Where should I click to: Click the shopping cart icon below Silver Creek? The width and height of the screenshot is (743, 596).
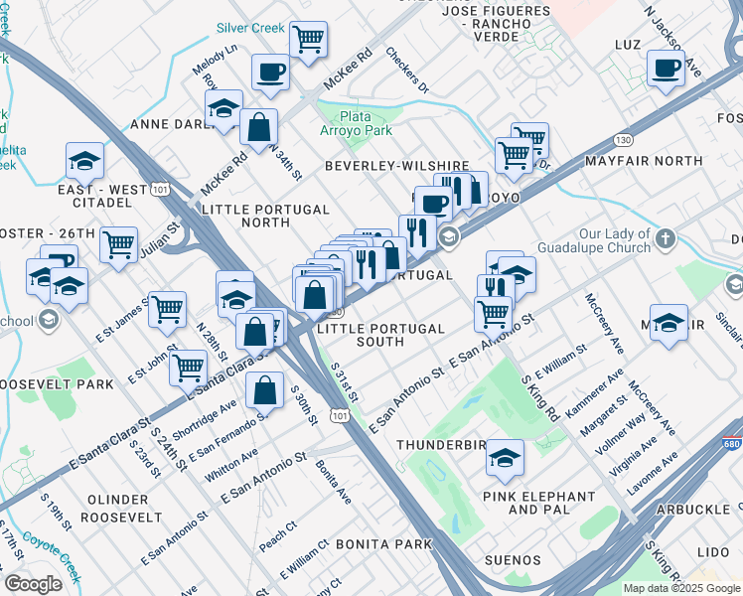309,41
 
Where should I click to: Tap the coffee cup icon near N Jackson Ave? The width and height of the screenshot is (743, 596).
666,68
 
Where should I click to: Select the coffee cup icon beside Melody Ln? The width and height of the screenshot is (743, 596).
270,72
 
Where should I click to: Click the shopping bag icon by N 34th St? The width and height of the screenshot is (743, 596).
259,128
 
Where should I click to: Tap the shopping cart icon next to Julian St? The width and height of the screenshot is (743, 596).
118,242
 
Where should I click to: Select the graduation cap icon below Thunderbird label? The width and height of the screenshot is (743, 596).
505,458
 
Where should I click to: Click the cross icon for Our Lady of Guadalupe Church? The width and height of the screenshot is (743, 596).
666,239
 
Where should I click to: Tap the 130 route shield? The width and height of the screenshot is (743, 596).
623,138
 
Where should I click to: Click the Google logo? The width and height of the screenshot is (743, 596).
33,584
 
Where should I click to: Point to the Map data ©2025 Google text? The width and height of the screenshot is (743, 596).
681,588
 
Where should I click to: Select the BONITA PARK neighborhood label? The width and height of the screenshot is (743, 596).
383,544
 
